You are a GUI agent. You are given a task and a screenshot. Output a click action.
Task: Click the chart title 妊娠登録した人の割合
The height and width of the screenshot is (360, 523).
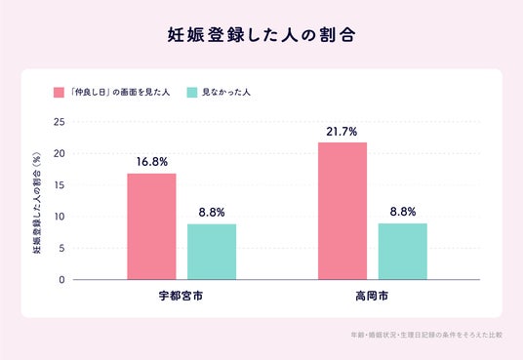pyautogui.click(x=261, y=35)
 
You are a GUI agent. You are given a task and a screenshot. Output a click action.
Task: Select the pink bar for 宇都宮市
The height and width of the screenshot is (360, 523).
pyautogui.click(x=152, y=226)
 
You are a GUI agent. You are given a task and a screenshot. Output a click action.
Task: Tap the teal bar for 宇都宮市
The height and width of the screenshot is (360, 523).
pyautogui.click(x=212, y=252)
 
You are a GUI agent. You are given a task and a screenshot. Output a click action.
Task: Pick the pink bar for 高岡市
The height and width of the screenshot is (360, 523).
pyautogui.click(x=342, y=211)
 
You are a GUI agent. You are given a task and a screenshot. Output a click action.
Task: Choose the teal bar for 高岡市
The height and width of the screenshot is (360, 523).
pyautogui.click(x=403, y=252)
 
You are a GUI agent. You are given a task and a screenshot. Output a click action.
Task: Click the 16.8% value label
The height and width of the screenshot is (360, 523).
pyautogui.click(x=152, y=162)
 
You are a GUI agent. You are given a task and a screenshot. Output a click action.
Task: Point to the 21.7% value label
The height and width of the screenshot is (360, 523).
pyautogui.click(x=342, y=132)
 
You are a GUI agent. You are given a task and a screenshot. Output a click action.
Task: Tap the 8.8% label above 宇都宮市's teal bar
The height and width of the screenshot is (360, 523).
pyautogui.click(x=212, y=213)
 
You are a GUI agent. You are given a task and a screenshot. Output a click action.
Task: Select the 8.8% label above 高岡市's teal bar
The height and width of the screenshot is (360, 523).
pyautogui.click(x=403, y=212)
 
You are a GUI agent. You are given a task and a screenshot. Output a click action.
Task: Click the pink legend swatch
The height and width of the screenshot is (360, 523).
pyautogui.click(x=59, y=93)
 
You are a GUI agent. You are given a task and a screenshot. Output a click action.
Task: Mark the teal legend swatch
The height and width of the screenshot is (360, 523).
pyautogui.click(x=192, y=93)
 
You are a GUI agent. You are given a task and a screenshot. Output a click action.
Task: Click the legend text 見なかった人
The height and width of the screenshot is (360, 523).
pyautogui.click(x=226, y=93)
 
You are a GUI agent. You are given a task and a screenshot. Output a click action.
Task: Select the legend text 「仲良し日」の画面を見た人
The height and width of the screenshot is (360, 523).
pyautogui.click(x=120, y=93)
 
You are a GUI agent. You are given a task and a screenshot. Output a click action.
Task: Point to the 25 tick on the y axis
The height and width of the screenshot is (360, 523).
pyautogui.click(x=60, y=122)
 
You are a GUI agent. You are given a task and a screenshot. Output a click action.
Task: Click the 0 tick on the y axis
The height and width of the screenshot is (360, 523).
pyautogui.click(x=61, y=280)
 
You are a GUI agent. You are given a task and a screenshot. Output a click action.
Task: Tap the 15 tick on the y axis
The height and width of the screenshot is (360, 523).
pyautogui.click(x=60, y=185)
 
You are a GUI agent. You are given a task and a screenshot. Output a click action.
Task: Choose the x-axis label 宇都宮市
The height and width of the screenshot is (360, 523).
pyautogui.click(x=181, y=296)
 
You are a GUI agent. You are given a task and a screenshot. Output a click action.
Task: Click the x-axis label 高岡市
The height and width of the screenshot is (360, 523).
pyautogui.click(x=372, y=296)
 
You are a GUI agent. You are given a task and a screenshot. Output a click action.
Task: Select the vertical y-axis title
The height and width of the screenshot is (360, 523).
pyautogui.click(x=37, y=203)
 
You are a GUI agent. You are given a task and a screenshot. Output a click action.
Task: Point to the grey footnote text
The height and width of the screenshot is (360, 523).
pyautogui.click(x=426, y=335)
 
